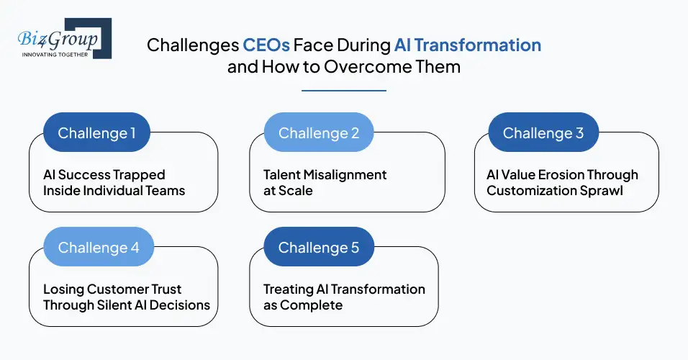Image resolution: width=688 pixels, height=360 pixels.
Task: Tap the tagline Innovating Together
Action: click(x=56, y=55)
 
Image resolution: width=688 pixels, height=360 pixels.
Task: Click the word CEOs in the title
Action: click(x=266, y=45)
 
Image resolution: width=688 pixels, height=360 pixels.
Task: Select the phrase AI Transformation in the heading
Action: click(x=468, y=45)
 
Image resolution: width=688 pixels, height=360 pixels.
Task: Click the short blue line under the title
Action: click(x=343, y=91)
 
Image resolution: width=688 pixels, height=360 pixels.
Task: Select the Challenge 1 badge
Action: click(x=96, y=133)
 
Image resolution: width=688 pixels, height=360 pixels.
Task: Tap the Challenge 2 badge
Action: click(x=317, y=133)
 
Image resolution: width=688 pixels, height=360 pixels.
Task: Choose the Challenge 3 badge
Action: click(x=543, y=133)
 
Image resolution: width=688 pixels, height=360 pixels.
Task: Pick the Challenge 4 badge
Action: click(x=99, y=247)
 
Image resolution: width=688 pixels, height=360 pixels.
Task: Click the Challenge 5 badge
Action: click(x=318, y=247)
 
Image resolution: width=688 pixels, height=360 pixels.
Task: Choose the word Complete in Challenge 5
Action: click(x=312, y=305)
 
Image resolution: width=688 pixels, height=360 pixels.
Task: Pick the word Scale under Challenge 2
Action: click(x=297, y=191)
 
